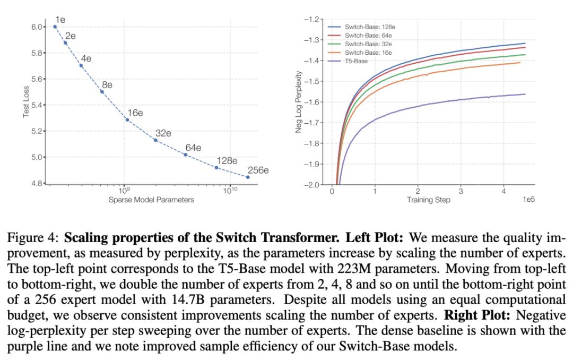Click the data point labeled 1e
coord(55,27)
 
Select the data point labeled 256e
coord(248,177)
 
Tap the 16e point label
coord(135,113)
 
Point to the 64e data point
coord(185,155)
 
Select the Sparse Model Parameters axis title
coord(151,200)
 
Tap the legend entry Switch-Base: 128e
coord(368,27)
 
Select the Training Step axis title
coord(429,200)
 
